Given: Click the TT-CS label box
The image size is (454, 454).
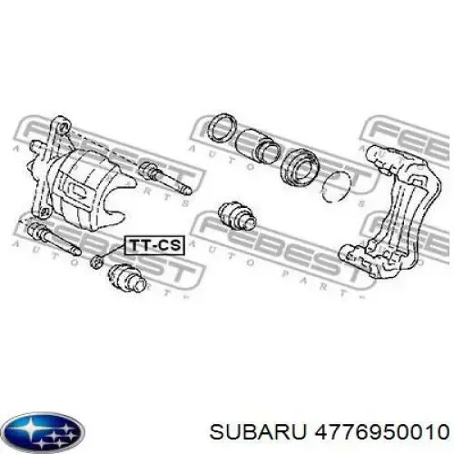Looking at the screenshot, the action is tap(154, 245).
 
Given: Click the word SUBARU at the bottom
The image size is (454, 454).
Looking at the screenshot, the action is tap(258, 431).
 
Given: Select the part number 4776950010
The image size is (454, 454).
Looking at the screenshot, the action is tap(381, 431).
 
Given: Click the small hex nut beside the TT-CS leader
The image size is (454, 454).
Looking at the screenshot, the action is tap(97, 262).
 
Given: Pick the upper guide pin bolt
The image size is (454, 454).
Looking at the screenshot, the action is tap(164, 179).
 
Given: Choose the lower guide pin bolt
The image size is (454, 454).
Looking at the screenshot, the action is tap(54, 239).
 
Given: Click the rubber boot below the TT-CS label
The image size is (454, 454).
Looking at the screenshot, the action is tap(127, 278).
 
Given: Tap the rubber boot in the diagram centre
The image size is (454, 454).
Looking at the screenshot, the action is tap(237, 215).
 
